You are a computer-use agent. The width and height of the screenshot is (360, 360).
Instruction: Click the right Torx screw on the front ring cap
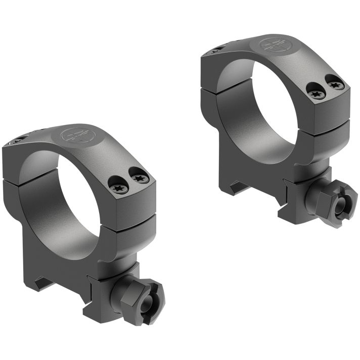140,178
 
